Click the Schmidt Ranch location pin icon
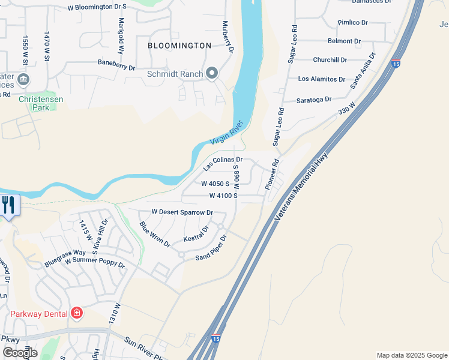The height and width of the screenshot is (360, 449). point(212,74)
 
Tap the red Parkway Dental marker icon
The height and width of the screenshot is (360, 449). point(76,313)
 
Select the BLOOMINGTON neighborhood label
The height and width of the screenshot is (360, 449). point(180,46)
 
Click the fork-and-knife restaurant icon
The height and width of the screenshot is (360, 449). point(8,205)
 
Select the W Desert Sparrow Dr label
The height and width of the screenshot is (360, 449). point(182,212)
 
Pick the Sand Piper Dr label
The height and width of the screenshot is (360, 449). point(212,248)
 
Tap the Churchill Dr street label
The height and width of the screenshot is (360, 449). point(330,60)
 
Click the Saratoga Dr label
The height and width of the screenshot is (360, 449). point(315,100)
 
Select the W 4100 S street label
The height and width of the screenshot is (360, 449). point(223,196)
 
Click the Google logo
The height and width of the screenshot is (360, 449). point(20,353)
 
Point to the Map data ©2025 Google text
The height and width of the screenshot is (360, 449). point(411,355)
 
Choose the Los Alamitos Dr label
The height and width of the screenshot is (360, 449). point(322,79)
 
